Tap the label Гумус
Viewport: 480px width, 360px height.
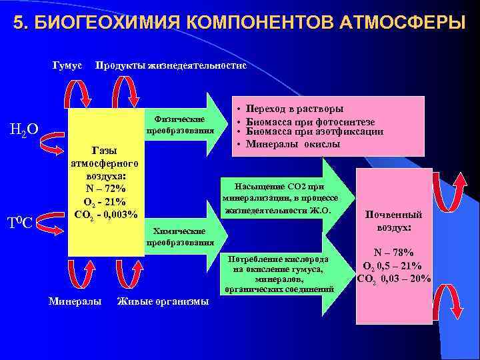coord(67,65)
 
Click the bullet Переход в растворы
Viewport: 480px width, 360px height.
coord(295,108)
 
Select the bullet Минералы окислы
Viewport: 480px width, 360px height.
coord(293,144)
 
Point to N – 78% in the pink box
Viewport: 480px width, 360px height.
coord(393,253)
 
